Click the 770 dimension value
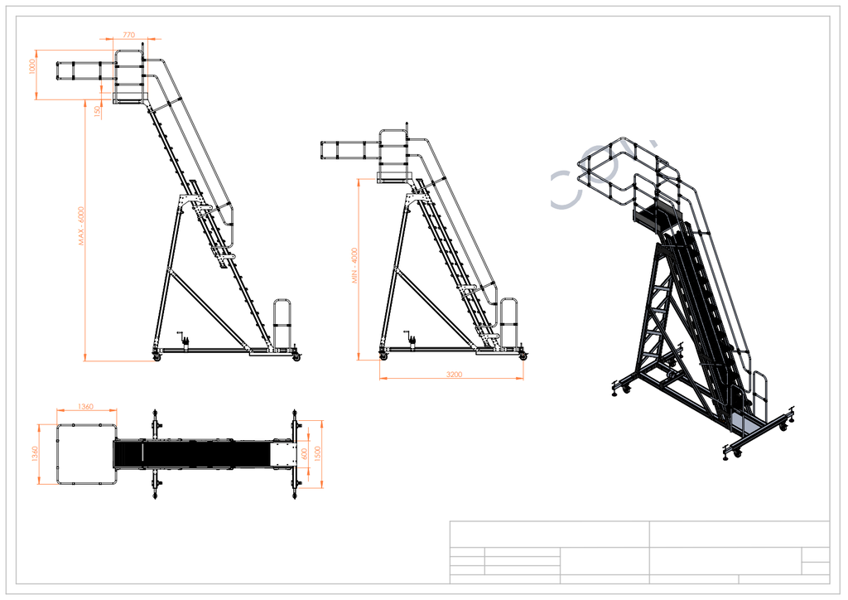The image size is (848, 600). (128, 35)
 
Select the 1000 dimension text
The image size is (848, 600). (33, 66)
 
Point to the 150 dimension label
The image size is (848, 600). (98, 109)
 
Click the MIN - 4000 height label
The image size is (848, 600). (354, 266)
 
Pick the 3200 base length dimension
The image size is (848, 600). (454, 375)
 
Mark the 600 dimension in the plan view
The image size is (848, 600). (305, 453)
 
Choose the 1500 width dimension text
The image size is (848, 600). (317, 453)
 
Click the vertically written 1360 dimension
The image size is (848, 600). (36, 454)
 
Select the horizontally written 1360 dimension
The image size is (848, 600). (85, 406)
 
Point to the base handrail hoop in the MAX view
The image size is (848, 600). (282, 323)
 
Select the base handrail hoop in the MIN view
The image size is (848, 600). (510, 322)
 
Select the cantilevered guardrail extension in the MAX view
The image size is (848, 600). (84, 71)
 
